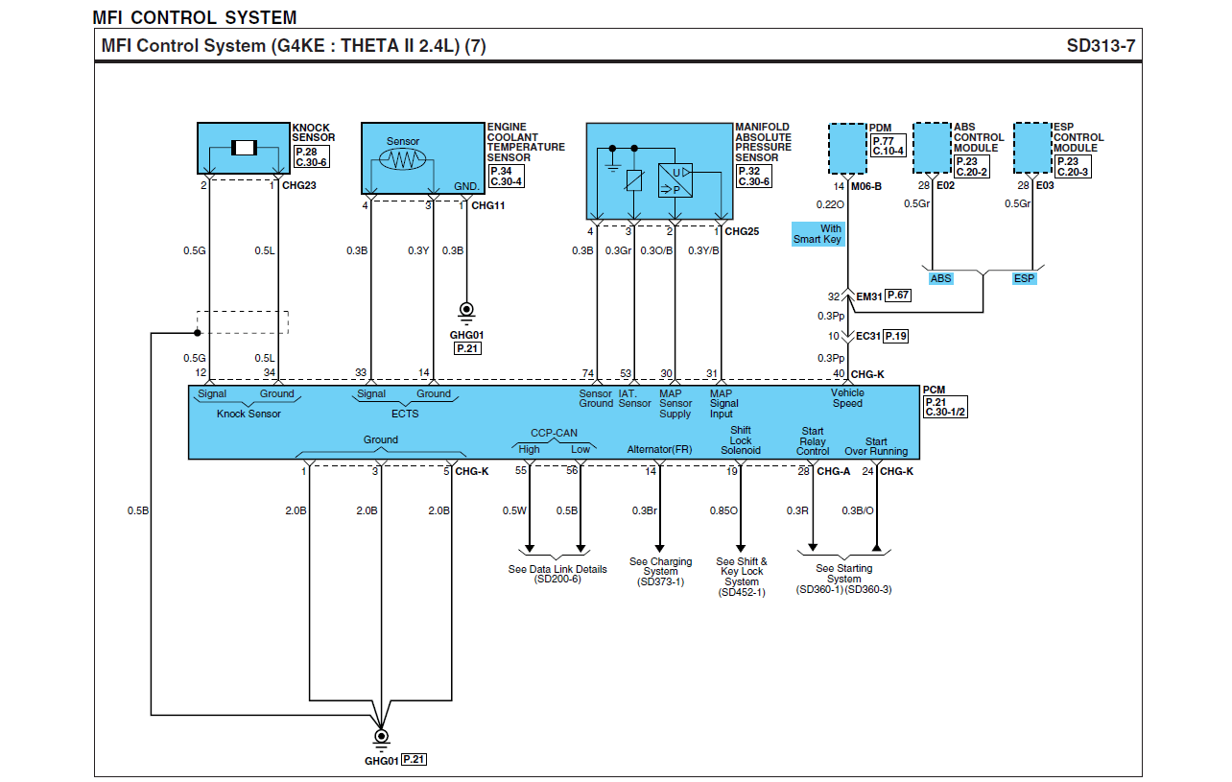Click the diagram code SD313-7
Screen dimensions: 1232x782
coord(1101,46)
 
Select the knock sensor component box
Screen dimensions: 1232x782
coord(244,149)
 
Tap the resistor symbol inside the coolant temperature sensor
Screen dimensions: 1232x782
coord(403,159)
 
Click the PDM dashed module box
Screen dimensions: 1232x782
coord(847,149)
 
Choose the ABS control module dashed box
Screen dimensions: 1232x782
coord(933,148)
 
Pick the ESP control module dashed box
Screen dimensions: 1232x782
coord(1032,148)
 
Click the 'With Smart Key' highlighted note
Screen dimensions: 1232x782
coord(817,234)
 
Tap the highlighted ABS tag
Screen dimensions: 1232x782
coord(940,278)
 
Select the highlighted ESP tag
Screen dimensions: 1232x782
coord(1024,278)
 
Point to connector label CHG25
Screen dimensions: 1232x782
coord(742,231)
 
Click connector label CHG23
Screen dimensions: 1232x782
coord(298,185)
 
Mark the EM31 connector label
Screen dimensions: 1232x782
coord(869,296)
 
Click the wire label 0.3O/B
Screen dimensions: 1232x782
coord(656,250)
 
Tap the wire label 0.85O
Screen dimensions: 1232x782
coord(723,510)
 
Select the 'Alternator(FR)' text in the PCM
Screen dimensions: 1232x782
coord(659,449)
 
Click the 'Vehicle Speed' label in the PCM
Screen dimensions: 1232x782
coord(847,397)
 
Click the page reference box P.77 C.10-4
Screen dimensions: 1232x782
coord(888,146)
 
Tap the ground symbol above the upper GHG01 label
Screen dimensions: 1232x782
coord(466,313)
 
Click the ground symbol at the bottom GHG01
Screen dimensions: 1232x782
coord(381,740)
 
